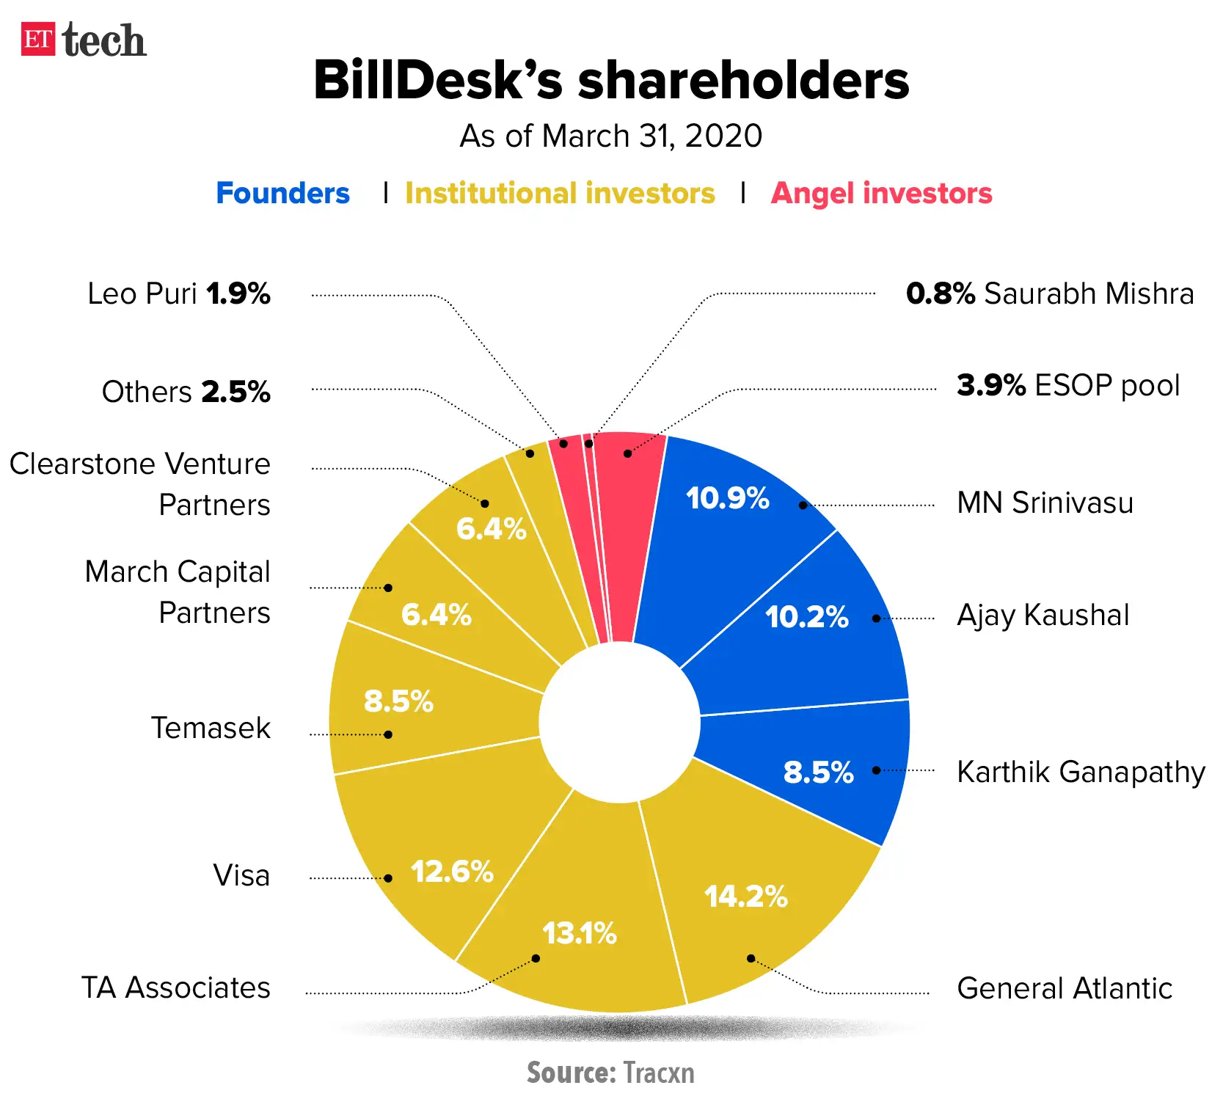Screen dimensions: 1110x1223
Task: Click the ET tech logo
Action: click(x=83, y=40)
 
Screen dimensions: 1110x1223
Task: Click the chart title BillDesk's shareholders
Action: click(x=611, y=80)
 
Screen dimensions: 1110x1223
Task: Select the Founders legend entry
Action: click(x=282, y=194)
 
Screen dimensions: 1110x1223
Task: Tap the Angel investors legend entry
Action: click(x=881, y=194)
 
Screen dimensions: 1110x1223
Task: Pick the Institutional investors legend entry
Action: click(x=560, y=194)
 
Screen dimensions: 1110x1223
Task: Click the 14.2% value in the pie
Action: click(x=745, y=897)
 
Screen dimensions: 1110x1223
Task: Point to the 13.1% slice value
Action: click(x=579, y=934)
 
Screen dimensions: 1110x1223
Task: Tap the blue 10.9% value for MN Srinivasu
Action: click(x=727, y=499)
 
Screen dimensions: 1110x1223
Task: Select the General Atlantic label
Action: click(x=1064, y=989)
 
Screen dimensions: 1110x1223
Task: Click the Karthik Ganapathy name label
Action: click(x=1081, y=773)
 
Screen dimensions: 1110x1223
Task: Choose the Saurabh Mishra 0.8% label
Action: click(x=1049, y=294)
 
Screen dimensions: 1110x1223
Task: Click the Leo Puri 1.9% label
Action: click(x=178, y=294)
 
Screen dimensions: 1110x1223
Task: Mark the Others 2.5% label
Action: click(x=186, y=392)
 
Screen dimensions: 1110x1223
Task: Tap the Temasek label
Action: click(x=211, y=729)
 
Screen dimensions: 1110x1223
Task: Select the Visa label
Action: click(x=241, y=876)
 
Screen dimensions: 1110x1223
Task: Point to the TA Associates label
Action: click(x=175, y=988)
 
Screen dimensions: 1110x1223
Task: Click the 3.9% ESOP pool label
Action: click(x=1067, y=386)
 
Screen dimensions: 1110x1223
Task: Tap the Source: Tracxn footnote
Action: click(x=610, y=1073)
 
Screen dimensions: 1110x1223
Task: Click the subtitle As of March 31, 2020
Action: click(x=611, y=136)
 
